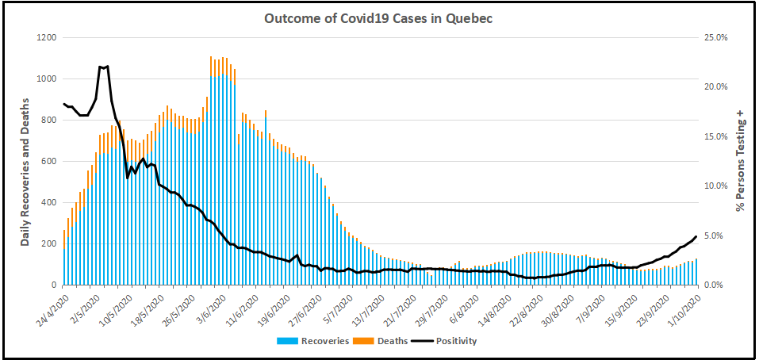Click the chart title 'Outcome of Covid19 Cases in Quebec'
click(378, 18)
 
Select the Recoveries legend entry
click(305, 341)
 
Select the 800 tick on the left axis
click(47, 121)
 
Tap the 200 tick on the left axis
click(47, 243)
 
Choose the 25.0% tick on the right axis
click(715, 38)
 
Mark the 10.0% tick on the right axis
click(715, 186)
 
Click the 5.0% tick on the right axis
click(717, 236)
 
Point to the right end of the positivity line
click(696, 236)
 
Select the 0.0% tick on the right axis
click(717, 285)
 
